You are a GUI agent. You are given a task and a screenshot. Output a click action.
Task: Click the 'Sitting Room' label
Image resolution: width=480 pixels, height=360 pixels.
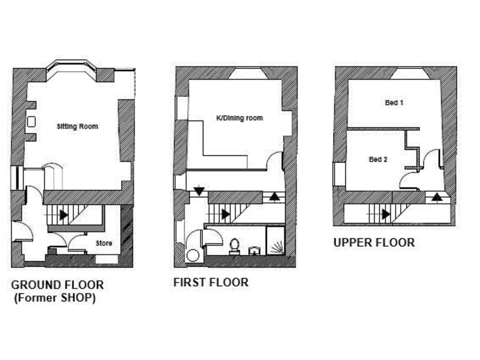point(77,126)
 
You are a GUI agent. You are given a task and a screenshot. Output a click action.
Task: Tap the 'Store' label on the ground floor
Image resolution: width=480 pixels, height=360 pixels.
point(104,243)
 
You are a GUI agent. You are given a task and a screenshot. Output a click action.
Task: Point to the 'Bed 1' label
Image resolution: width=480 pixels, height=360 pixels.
point(394,102)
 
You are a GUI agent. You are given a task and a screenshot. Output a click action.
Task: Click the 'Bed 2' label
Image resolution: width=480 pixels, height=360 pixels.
point(378,159)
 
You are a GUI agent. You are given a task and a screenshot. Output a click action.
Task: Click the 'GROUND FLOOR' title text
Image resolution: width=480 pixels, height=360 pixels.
point(57,285)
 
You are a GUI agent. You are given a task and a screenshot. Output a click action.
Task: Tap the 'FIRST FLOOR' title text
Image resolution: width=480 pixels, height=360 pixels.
point(211,282)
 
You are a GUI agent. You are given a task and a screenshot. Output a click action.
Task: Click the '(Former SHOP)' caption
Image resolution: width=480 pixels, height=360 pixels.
point(56,299)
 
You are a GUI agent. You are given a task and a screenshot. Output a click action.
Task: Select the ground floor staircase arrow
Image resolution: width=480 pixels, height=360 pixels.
point(64,214)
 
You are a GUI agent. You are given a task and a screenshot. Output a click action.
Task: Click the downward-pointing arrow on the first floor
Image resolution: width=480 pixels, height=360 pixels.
point(198,191)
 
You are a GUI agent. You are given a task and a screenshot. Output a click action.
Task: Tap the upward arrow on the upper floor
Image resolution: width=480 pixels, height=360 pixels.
point(436,196)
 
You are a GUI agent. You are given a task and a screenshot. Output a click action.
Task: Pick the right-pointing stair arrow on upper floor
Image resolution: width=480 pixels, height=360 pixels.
point(386,214)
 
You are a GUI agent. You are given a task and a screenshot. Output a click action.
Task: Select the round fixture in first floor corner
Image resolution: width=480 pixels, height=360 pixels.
point(193,255)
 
